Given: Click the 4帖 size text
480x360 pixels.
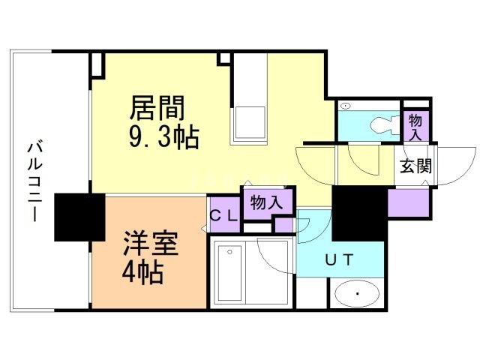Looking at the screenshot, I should (x=142, y=271).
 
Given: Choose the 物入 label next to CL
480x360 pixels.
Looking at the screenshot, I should (x=266, y=202).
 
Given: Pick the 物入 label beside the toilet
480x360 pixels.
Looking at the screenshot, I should (x=416, y=126).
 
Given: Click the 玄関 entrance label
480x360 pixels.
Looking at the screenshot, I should (x=415, y=166).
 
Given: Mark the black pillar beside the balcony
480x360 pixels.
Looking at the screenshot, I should (x=79, y=217).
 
